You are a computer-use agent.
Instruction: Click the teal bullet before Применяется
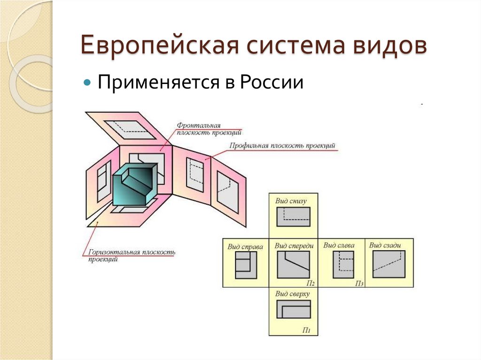point(86,83)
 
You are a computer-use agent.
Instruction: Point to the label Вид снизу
point(291,201)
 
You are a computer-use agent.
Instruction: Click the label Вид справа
point(245,246)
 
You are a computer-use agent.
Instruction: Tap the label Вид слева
point(339,245)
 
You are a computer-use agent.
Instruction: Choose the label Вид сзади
point(385,245)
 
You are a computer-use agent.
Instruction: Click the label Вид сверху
point(293,294)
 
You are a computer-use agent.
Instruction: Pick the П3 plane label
point(359,283)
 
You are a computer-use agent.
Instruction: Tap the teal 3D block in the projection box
point(134,185)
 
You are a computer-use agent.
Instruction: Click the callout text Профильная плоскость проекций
point(283,146)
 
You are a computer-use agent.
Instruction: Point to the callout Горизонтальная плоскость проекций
point(132,255)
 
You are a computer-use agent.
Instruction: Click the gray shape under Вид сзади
point(388,264)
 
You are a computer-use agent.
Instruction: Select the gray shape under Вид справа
point(246,265)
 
